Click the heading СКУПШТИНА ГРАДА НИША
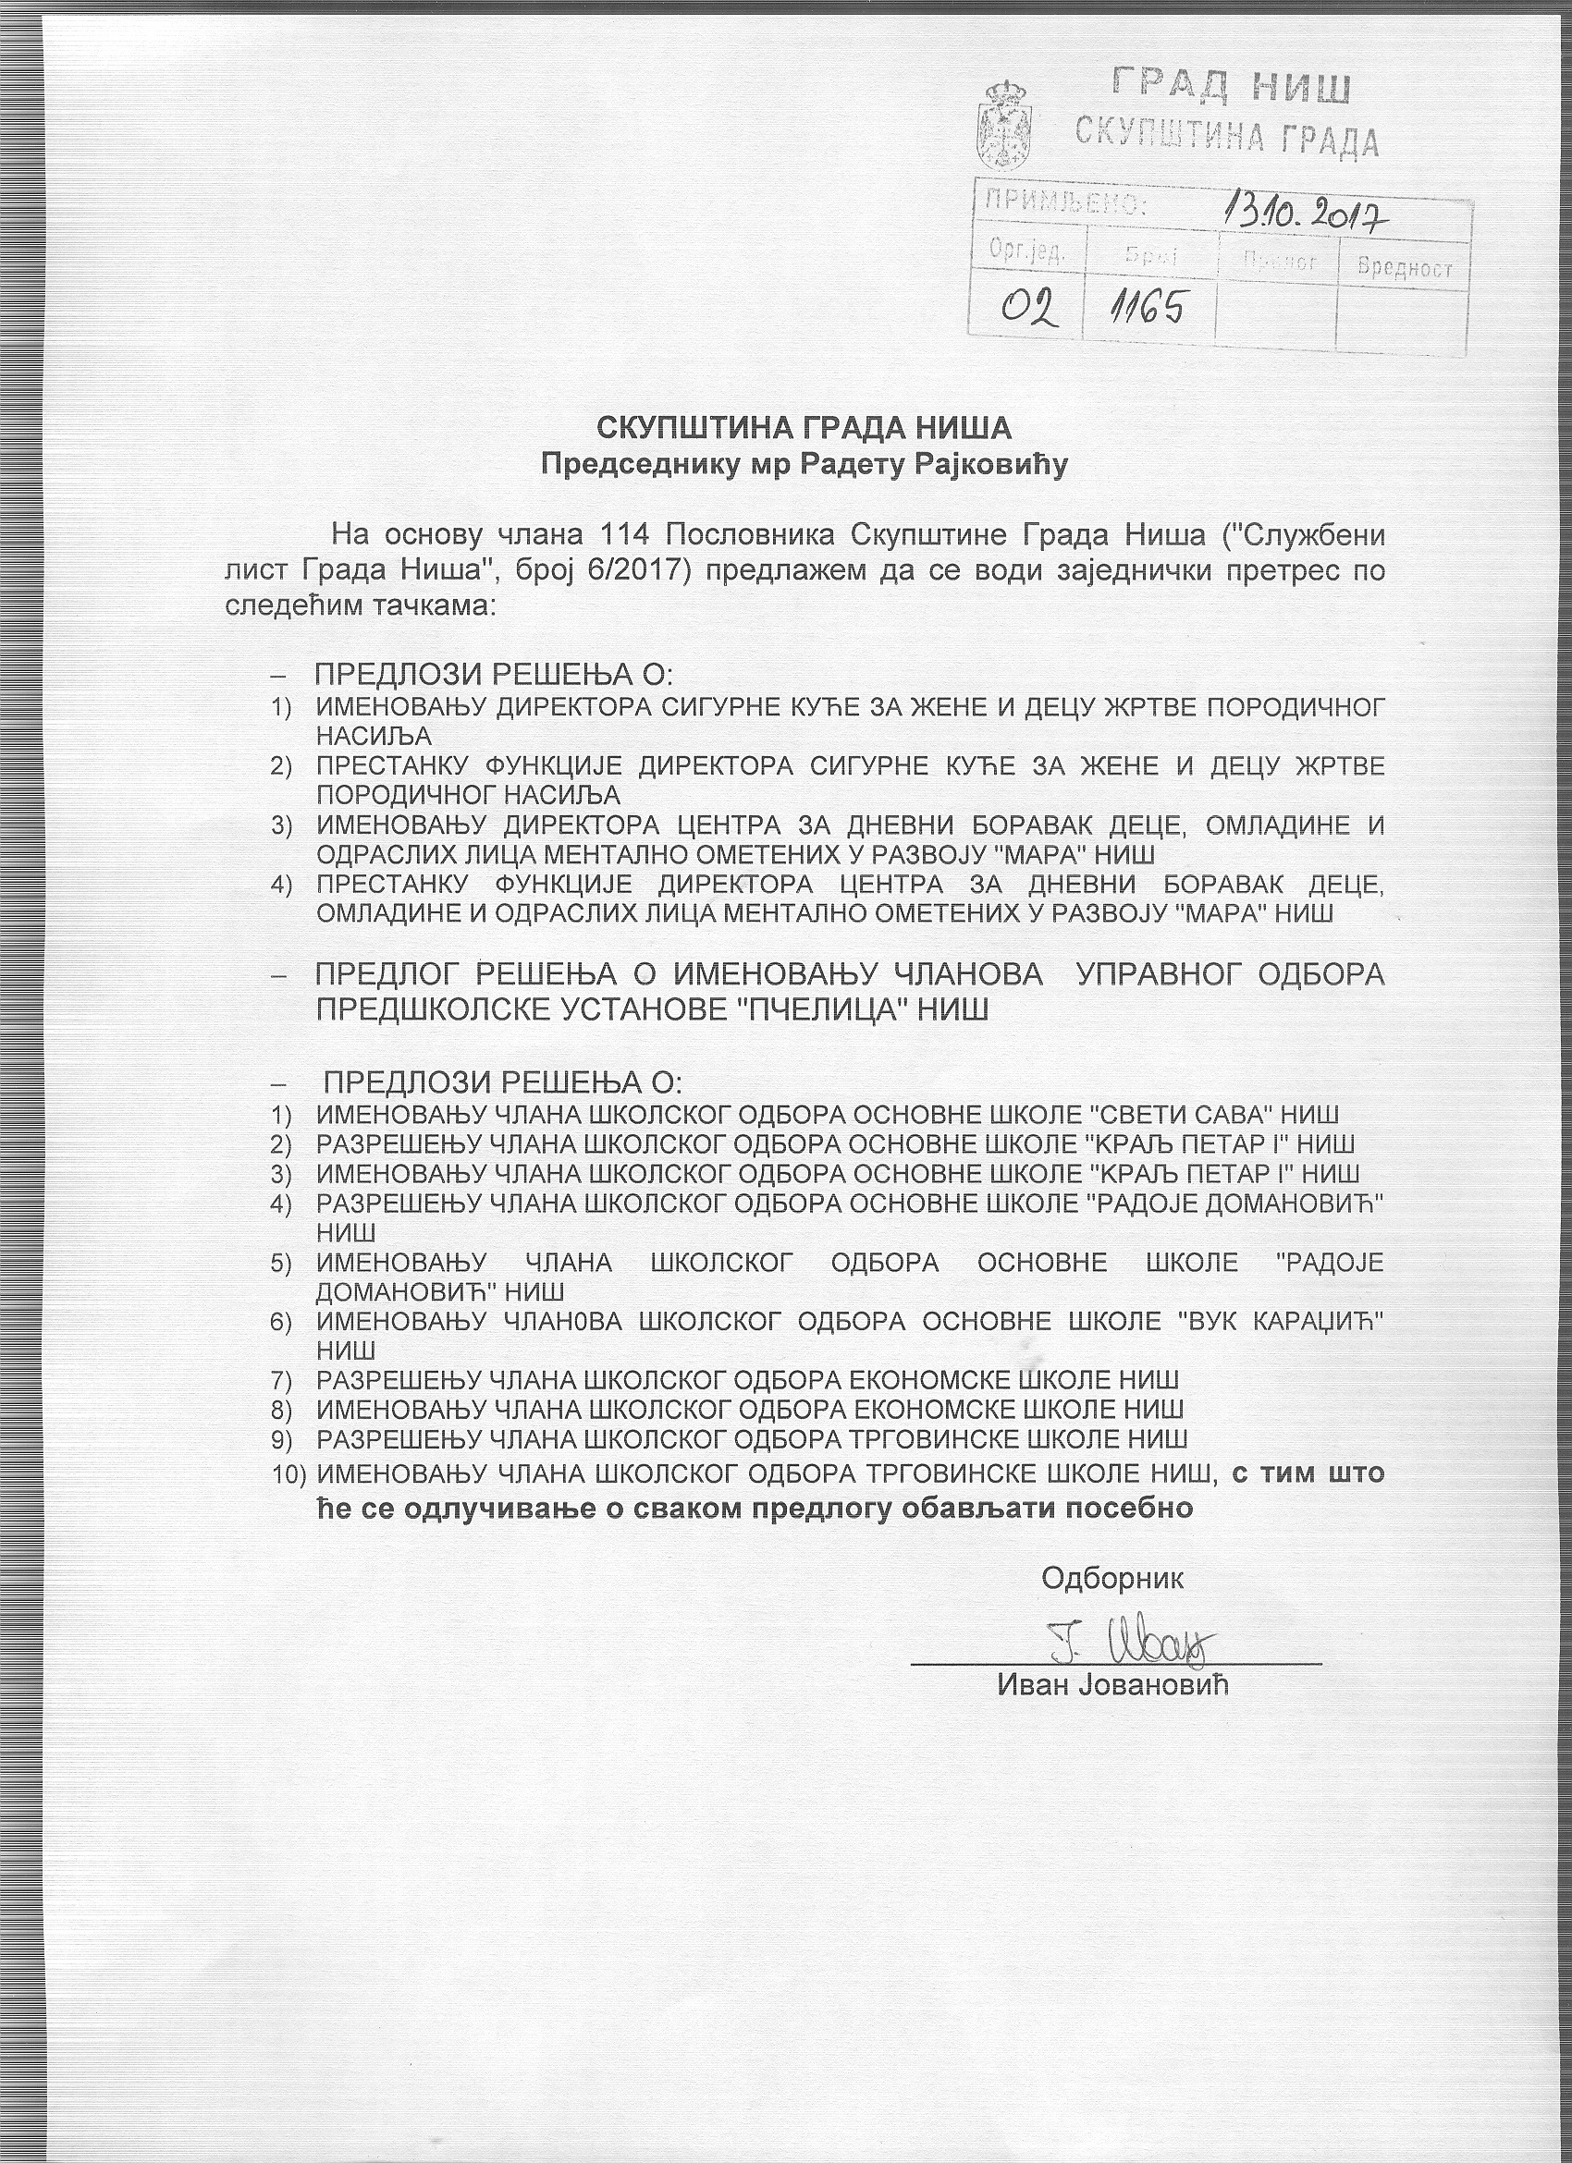pos(804,428)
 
